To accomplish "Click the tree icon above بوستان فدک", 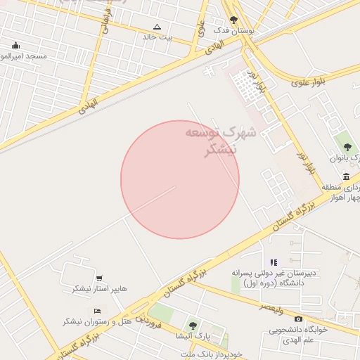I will (233, 20).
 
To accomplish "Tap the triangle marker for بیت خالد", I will (157, 26).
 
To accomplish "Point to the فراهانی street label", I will (108, 21).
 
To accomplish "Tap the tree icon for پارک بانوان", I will (348, 147).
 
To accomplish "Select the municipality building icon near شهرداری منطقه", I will (346, 176).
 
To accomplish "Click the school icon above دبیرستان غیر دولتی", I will (274, 262).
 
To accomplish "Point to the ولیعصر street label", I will (271, 307).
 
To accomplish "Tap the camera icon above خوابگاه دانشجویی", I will (299, 319).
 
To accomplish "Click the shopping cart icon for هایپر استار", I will (99, 278).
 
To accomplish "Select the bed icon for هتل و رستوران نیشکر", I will (97, 311).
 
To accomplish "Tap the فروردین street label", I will (149, 321).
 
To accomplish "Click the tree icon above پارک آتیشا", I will (193, 325).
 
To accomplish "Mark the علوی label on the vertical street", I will (201, 30).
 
